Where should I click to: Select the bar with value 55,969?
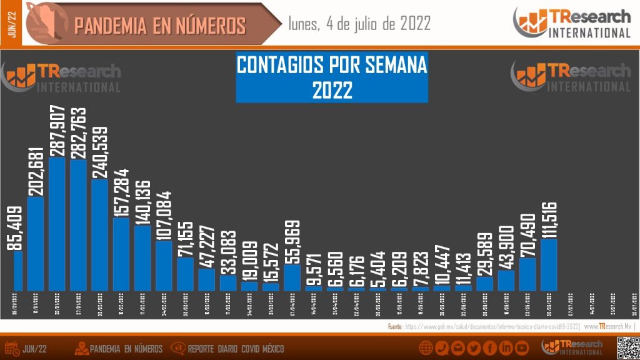click(292, 277)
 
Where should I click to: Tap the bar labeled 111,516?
click(548, 264)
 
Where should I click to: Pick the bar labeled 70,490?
click(527, 274)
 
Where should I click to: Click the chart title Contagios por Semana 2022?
click(331, 77)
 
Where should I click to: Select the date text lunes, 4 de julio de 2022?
click(359, 24)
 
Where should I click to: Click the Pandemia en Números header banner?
click(160, 25)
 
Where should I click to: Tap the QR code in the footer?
click(627, 347)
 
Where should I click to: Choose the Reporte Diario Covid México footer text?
click(236, 349)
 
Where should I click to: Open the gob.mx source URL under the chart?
click(491, 326)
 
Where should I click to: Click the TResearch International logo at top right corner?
click(572, 23)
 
